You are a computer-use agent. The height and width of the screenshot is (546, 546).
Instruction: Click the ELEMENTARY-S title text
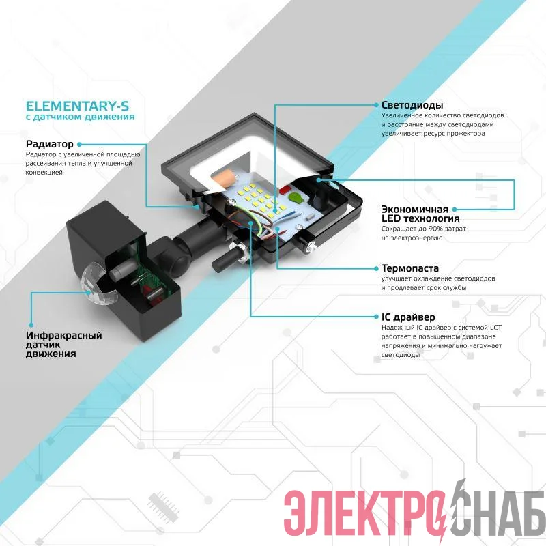(x=77, y=106)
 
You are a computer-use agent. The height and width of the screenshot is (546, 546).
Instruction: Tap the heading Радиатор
(x=49, y=144)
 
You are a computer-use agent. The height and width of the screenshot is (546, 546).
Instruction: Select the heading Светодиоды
(x=412, y=105)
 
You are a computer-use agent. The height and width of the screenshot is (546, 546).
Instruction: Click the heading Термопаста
(x=410, y=268)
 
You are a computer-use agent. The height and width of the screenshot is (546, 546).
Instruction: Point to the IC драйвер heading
(x=408, y=317)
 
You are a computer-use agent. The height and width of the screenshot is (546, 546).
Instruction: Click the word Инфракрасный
(x=63, y=335)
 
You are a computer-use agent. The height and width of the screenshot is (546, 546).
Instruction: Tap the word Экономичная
(x=415, y=210)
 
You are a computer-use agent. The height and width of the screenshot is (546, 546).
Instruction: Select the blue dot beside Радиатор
(x=79, y=144)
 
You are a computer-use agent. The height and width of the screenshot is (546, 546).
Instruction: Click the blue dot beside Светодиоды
(x=376, y=105)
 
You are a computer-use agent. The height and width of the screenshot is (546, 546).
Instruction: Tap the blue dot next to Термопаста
(x=376, y=268)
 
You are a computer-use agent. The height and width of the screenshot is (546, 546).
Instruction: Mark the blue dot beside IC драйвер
(x=376, y=317)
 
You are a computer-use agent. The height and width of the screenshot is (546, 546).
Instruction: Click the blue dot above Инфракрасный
(x=31, y=325)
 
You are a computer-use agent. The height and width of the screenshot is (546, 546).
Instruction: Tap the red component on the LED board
(x=285, y=190)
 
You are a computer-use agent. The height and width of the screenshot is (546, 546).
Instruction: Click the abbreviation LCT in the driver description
(x=496, y=328)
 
